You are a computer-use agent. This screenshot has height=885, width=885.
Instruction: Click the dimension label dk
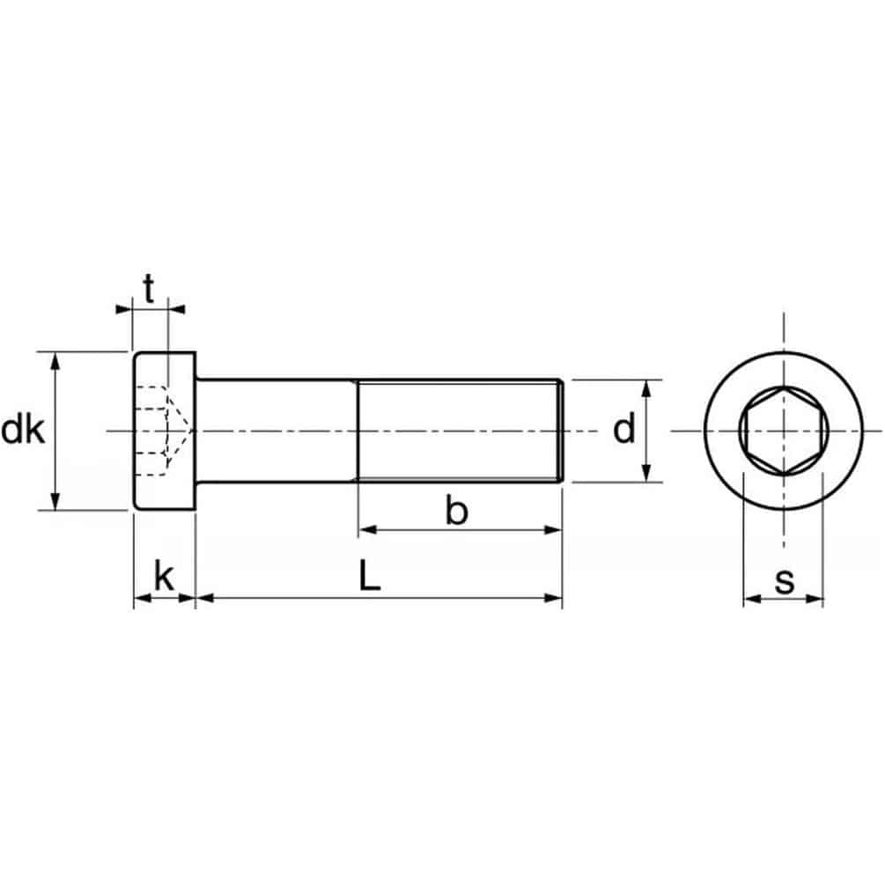(23, 431)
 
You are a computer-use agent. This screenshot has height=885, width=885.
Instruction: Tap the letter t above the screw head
(149, 289)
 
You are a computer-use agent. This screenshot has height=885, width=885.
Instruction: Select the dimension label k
(164, 576)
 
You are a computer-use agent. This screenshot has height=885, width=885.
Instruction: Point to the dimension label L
(370, 576)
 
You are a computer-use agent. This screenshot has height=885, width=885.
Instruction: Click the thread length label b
(457, 510)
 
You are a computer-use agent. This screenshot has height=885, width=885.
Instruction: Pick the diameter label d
(624, 429)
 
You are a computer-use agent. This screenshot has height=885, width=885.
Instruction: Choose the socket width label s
(785, 580)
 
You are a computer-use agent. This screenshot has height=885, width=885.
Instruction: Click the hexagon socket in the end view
(784, 431)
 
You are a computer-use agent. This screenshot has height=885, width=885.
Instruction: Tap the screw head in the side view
(165, 431)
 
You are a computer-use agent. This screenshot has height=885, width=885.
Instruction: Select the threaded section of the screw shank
(460, 431)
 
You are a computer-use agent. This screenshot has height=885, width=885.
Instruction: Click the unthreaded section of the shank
(277, 431)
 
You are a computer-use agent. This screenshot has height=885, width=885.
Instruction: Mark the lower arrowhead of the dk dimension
(55, 502)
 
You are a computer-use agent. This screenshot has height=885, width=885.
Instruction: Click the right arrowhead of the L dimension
(554, 598)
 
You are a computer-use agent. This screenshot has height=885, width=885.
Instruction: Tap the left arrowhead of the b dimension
(367, 529)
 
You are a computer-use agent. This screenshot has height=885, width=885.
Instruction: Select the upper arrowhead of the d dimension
(647, 388)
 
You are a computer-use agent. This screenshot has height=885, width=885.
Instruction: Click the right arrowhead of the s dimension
(815, 598)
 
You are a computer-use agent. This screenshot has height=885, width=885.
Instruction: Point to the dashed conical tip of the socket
(181, 431)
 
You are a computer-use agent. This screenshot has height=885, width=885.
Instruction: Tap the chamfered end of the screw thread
(560, 431)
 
